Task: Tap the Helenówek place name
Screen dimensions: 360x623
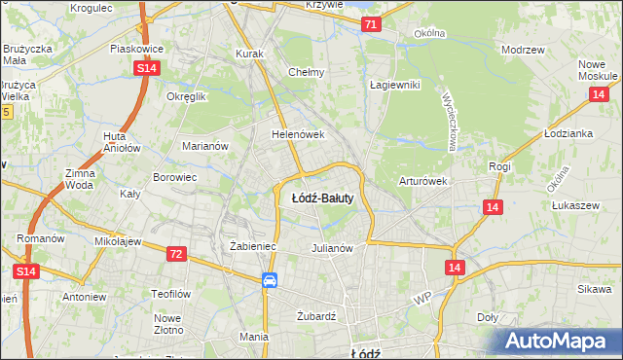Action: (x=297, y=134)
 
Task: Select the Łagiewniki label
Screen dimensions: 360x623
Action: (x=394, y=85)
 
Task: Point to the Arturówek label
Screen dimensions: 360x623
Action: (x=422, y=181)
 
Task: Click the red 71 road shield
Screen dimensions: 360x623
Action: (x=370, y=25)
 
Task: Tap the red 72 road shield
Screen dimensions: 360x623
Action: (x=175, y=254)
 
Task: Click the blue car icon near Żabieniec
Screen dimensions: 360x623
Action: (x=270, y=280)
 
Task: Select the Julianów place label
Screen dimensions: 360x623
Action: (x=331, y=247)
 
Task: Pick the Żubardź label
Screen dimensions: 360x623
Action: (x=315, y=316)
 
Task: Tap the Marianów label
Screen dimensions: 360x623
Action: (x=205, y=146)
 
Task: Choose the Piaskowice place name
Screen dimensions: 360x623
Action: (x=136, y=48)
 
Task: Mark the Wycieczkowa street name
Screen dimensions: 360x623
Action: (x=450, y=122)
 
